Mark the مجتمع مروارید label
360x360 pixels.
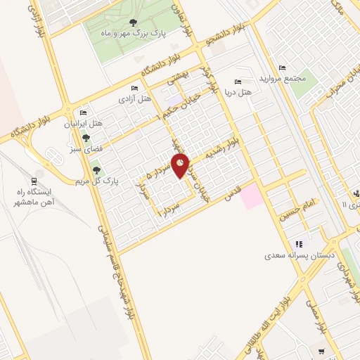pos(284,79)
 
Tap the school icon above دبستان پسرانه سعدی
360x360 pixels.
pos(300,244)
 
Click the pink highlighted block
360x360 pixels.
pos(252,196)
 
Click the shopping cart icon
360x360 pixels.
pos(322,350)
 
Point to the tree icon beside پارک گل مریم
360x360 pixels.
pos(96,169)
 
